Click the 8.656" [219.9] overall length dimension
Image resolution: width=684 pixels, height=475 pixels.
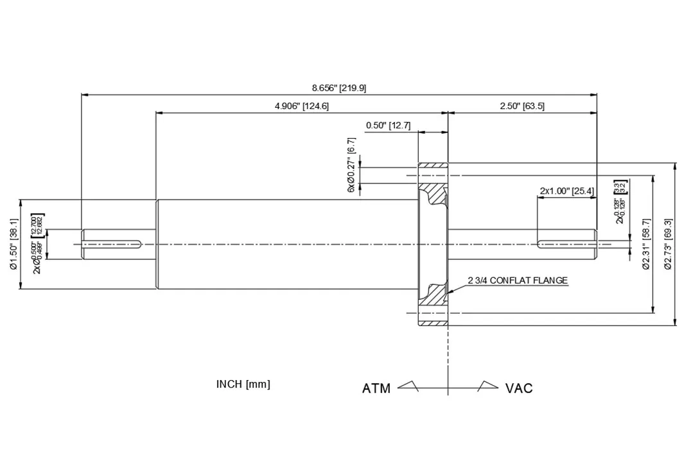[339, 88]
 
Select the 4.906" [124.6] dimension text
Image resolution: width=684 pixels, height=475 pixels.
[301, 106]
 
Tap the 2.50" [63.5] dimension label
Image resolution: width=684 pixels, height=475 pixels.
[522, 106]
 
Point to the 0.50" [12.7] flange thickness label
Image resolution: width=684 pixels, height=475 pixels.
[388, 125]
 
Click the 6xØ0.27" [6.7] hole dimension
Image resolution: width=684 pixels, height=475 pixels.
[351, 166]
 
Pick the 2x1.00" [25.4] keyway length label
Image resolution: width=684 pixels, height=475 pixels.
[566, 191]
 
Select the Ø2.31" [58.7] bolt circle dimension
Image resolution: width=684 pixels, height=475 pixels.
[647, 245]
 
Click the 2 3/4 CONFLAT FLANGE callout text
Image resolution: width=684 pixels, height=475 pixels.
[518, 281]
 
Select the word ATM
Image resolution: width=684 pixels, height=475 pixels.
[376, 388]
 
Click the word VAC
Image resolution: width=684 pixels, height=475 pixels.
[519, 388]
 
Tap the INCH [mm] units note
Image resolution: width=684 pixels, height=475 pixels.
[243, 384]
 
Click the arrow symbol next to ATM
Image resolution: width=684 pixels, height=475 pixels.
[409, 386]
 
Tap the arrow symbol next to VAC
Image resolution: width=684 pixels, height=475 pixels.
[487, 386]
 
